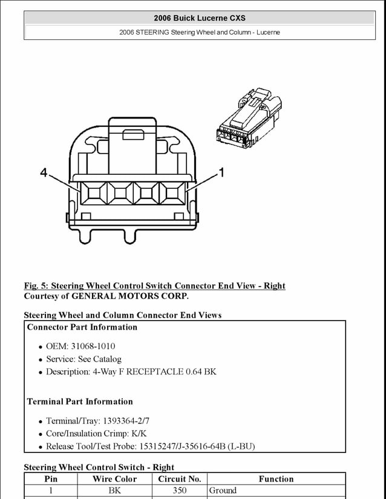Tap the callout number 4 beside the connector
(44, 173)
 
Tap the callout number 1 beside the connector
(221, 173)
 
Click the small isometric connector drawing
(248, 121)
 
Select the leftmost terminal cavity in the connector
(94, 194)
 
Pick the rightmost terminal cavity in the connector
(172, 194)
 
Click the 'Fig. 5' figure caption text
(154, 285)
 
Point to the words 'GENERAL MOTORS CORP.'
(130, 296)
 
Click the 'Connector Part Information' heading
(82, 327)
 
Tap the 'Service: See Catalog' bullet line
(83, 359)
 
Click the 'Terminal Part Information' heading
(80, 402)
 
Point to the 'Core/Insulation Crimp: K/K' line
(96, 434)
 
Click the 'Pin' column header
(51, 479)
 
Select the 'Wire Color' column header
(114, 479)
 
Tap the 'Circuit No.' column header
(179, 479)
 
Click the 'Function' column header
(276, 479)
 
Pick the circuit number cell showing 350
(179, 491)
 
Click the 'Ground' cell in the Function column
(223, 491)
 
